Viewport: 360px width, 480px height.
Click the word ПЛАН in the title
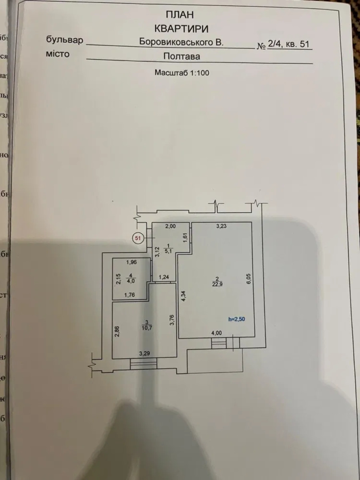click(180, 15)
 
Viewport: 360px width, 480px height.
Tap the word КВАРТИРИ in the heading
click(181, 28)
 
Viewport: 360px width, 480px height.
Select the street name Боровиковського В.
click(181, 42)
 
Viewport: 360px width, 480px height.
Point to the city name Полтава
click(182, 56)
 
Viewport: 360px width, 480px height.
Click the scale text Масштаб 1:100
click(182, 73)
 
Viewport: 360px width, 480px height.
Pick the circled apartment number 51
click(138, 238)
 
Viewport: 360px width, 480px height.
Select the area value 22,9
click(216, 284)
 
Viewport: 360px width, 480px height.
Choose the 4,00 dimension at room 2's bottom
click(216, 333)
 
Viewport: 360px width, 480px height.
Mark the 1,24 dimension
click(164, 277)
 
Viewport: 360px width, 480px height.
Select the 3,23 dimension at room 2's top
click(222, 226)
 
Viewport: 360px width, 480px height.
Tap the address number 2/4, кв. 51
click(289, 45)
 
